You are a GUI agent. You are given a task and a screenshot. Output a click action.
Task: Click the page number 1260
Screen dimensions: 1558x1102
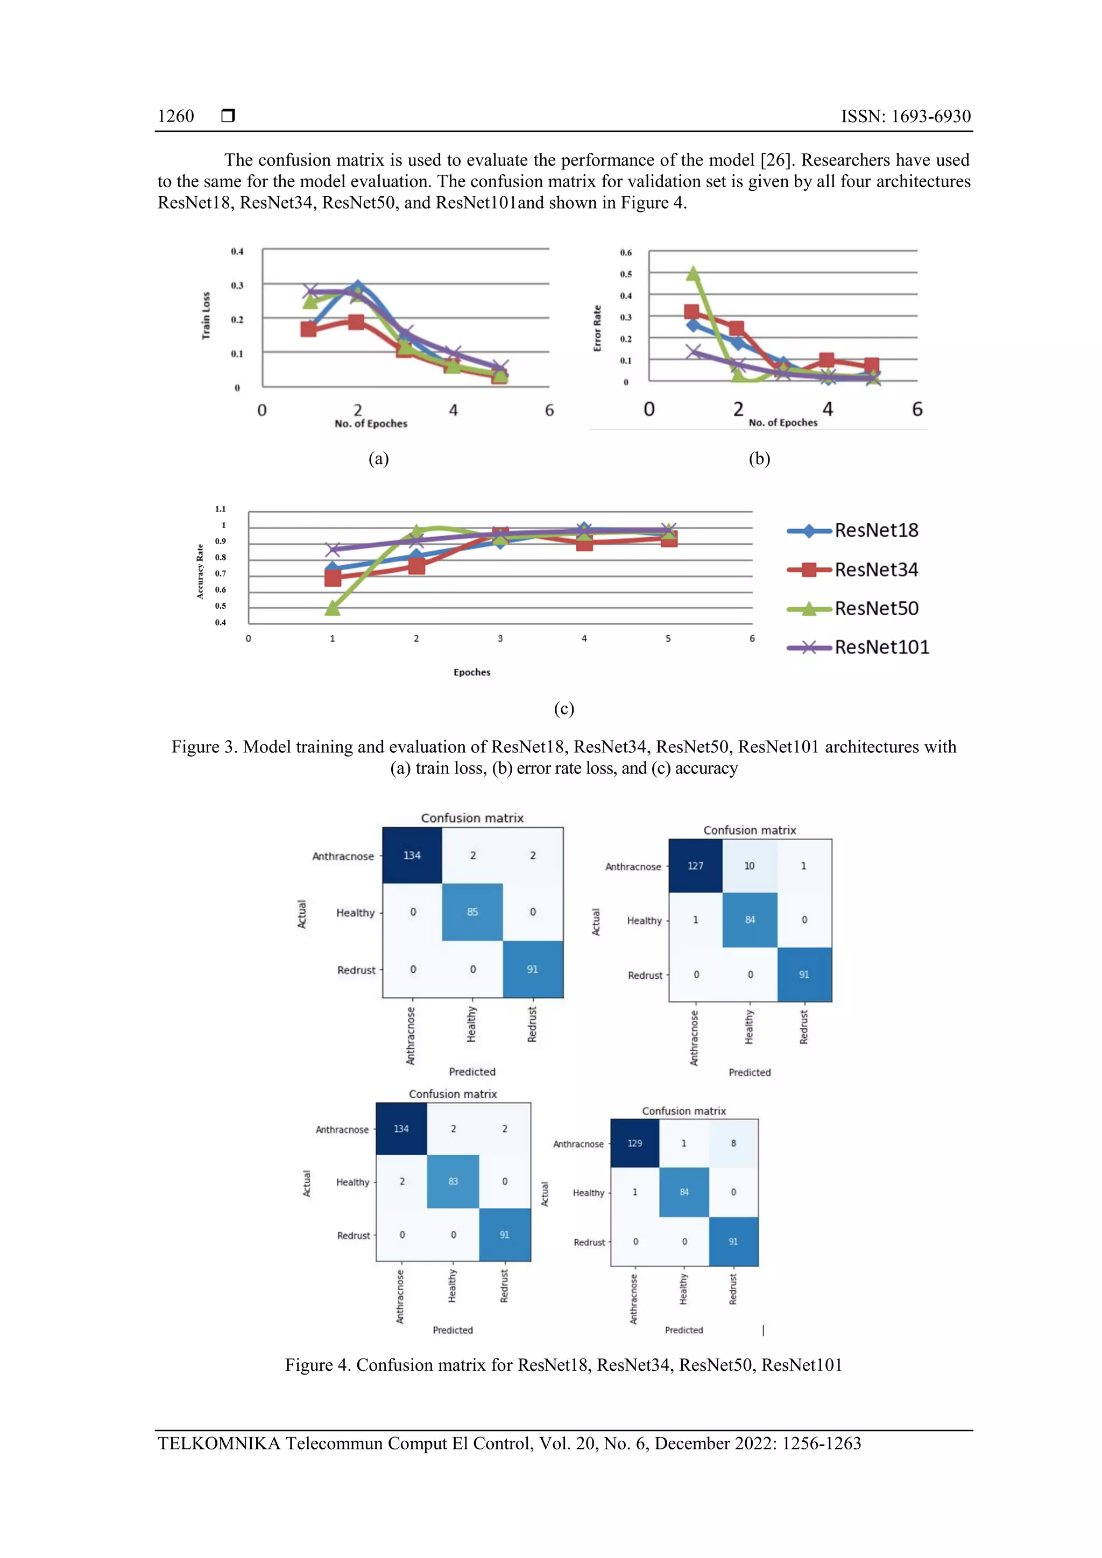175,116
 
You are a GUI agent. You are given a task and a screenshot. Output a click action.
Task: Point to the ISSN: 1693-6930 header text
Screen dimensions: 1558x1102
905,116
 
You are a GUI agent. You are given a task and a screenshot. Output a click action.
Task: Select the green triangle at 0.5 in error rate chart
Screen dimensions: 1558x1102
693,273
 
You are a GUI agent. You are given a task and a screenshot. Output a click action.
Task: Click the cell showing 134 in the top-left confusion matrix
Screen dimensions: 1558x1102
412,856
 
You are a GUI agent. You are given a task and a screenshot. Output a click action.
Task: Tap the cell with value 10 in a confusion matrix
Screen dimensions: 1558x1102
749,866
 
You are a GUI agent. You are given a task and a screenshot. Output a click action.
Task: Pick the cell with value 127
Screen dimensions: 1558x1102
695,866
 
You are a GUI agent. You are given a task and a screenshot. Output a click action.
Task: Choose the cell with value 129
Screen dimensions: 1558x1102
634,1143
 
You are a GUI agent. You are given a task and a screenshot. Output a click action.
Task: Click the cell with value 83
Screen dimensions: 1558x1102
453,1182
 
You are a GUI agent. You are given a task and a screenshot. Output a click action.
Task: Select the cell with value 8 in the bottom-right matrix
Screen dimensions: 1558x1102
733,1143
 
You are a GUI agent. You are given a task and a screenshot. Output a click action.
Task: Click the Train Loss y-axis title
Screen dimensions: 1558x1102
206,316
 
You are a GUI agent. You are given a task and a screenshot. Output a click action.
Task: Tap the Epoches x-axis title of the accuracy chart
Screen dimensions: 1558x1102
472,672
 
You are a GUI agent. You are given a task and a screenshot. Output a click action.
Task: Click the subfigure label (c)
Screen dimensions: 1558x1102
563,709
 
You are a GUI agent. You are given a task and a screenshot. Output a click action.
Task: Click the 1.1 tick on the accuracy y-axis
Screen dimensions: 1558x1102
220,509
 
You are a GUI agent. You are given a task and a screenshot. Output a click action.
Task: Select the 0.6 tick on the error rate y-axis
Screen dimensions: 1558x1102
625,252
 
